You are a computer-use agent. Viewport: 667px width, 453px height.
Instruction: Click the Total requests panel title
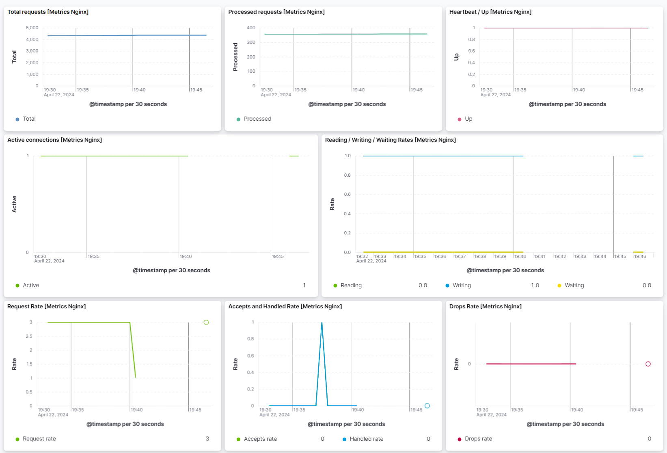48,12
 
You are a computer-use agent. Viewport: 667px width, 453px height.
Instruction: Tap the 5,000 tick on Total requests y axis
32,28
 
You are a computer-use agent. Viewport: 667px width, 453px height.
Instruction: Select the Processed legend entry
257,119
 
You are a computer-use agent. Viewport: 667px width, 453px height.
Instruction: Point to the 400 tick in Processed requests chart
251,28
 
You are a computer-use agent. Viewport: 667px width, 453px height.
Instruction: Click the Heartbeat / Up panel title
490,12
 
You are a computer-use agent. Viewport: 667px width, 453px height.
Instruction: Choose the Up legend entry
468,119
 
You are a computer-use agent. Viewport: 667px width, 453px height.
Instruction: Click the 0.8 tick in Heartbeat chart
471,39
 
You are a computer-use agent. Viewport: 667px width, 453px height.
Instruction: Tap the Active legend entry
31,285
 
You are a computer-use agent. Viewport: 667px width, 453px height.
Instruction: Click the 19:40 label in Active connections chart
186,256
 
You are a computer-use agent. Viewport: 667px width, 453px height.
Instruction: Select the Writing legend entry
462,285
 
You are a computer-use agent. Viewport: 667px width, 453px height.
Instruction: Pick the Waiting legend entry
574,285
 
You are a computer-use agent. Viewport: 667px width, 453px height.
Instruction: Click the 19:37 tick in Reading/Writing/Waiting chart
460,256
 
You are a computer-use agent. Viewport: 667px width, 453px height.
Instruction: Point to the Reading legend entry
351,285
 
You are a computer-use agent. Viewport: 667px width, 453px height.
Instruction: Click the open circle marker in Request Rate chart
206,322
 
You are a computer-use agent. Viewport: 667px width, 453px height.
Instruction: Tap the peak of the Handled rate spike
322,323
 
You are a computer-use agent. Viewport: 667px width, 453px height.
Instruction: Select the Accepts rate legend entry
260,439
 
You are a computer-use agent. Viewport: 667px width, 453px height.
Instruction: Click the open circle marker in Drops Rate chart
648,364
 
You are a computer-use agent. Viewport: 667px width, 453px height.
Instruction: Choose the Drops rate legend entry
478,439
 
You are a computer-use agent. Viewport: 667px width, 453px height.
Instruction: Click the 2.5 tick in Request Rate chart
29,336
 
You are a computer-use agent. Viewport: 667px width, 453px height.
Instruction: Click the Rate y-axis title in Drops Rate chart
456,364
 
